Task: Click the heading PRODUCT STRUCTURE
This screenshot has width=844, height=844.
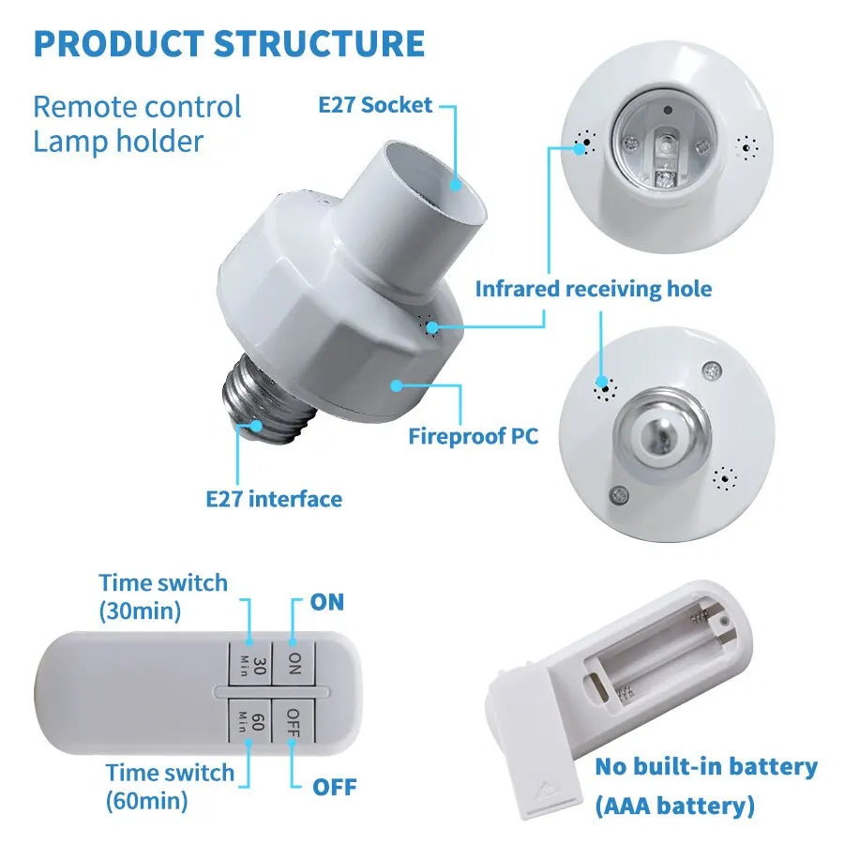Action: click(229, 44)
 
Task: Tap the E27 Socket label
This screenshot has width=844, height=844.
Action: click(375, 105)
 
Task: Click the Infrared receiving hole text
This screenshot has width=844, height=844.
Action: click(593, 289)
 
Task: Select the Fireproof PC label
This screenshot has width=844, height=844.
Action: click(474, 436)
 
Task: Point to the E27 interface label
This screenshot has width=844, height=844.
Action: click(274, 498)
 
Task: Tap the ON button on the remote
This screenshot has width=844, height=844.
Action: click(294, 665)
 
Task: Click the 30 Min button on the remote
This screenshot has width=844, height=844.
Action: click(249, 665)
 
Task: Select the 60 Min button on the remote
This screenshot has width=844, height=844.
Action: click(249, 722)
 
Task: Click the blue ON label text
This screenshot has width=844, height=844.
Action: click(327, 601)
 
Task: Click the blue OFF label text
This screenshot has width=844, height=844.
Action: click(334, 786)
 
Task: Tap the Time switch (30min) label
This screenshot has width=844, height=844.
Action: click(163, 596)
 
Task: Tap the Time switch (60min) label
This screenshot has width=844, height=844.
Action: click(169, 786)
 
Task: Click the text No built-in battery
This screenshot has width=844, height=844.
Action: click(705, 766)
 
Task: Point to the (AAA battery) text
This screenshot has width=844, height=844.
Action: click(674, 805)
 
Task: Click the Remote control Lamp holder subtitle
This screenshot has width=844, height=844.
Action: click(137, 124)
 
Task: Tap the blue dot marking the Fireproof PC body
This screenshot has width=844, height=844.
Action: click(398, 384)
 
